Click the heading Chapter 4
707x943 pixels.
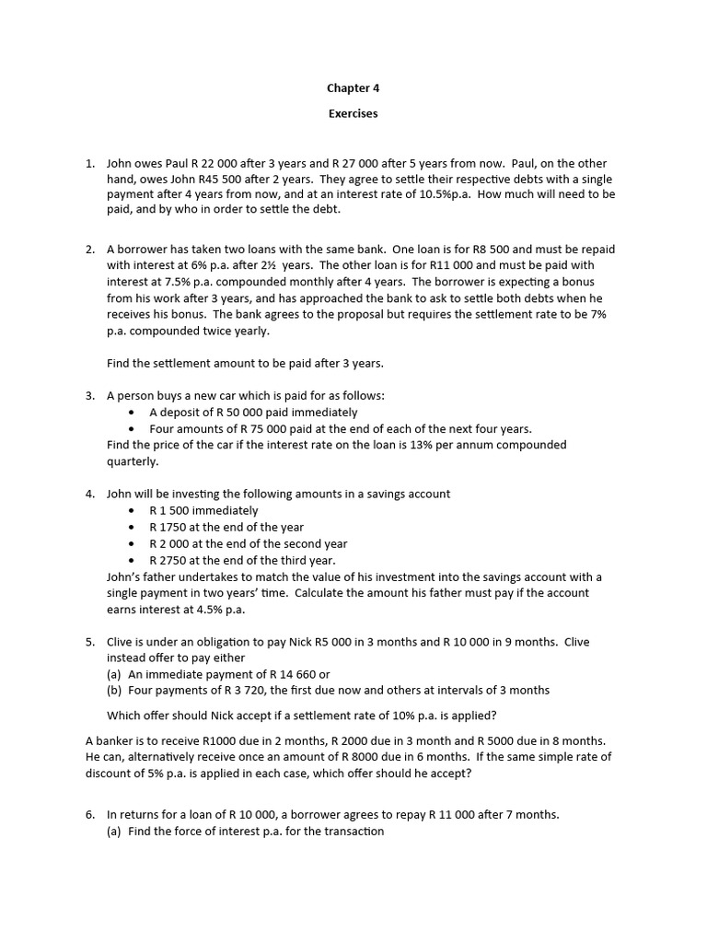(x=353, y=88)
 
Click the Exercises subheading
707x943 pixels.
(x=353, y=114)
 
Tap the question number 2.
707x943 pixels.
(x=90, y=249)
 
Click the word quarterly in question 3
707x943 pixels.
(x=132, y=461)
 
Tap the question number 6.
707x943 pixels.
(x=90, y=814)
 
